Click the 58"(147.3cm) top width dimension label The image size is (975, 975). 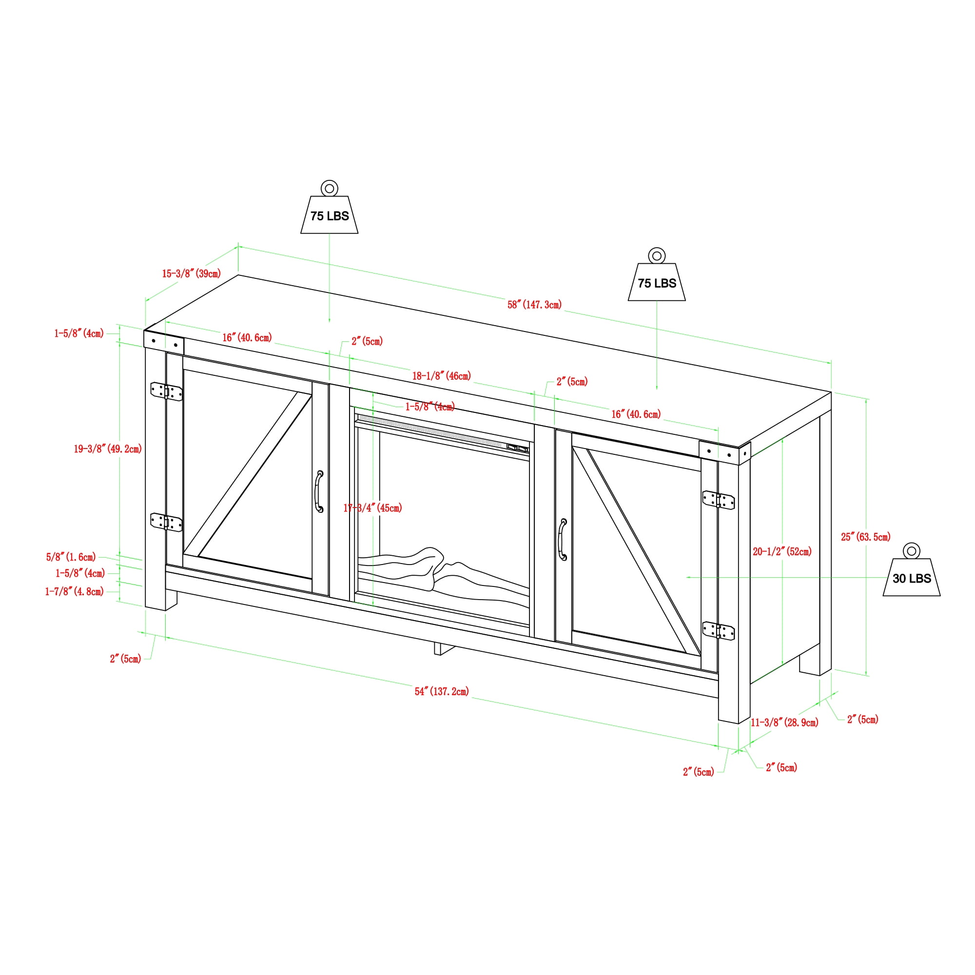coord(534,305)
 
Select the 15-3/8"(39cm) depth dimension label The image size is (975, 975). coord(191,273)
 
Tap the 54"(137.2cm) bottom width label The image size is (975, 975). coord(442,691)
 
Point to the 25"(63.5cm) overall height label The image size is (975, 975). coord(865,537)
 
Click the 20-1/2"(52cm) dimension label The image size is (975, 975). coord(782,551)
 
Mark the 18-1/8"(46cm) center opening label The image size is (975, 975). coord(442,376)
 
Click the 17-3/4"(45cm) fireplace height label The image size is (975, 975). coord(372,507)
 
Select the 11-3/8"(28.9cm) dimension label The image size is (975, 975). coord(785,722)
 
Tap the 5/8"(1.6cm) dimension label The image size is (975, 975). coord(71,557)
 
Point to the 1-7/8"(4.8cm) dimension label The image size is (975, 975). coord(74,591)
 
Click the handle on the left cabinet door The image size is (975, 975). coord(319,491)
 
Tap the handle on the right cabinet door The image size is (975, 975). coord(563,540)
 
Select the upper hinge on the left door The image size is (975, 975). coord(167,391)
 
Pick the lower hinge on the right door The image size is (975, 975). coord(719,631)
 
